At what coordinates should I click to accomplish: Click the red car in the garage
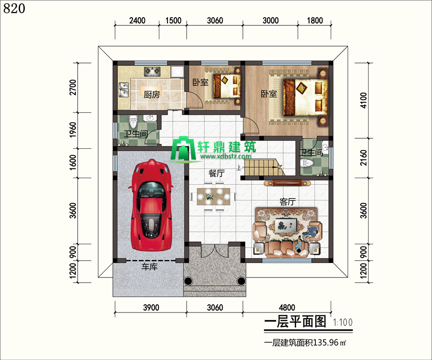click(151, 205)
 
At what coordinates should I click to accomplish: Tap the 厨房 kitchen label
click(152, 95)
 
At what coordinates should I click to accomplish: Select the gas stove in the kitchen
click(152, 72)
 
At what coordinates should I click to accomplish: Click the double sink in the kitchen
click(124, 90)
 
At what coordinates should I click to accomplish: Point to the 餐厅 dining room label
click(217, 173)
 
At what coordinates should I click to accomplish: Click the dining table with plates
click(214, 196)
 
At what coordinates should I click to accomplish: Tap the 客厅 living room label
click(288, 202)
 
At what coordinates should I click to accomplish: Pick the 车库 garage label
click(150, 266)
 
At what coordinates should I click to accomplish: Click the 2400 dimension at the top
click(137, 20)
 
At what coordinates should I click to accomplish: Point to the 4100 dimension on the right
click(364, 100)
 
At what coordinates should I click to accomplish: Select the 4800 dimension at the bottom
click(287, 307)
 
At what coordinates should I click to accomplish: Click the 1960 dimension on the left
click(73, 130)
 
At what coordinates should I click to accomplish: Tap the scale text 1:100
click(343, 322)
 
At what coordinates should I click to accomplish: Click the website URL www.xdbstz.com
click(226, 156)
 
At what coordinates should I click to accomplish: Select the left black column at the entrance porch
click(189, 281)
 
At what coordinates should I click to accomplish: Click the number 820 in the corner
click(14, 8)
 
